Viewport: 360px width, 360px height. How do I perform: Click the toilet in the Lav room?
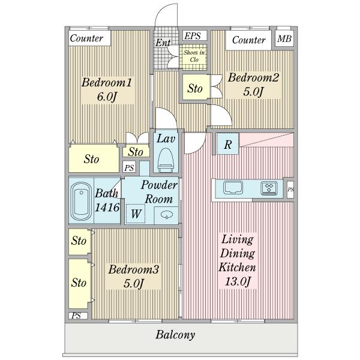pos(166,160)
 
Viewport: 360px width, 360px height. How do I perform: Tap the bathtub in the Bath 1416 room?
pos(81,202)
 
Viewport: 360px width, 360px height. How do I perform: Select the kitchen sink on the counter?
pos(233,187)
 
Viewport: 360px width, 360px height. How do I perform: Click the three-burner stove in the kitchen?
pos(269,188)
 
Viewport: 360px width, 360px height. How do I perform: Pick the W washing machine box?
pos(136,214)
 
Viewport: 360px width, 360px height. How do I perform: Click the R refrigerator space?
pos(228,144)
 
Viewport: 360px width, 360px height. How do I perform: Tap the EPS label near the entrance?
pos(193,36)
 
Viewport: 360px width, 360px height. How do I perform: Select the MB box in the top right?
pos(284,38)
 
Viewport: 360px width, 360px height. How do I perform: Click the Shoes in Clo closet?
pos(194,57)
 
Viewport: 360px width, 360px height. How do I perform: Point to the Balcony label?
pos(175,335)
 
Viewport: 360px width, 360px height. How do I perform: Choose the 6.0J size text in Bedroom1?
pos(107,97)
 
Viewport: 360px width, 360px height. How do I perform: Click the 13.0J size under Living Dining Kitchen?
pos(238,282)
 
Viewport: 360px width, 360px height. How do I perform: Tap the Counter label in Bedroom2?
pos(248,40)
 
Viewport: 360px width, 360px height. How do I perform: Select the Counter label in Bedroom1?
pos(86,38)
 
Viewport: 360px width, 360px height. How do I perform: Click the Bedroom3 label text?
pos(133,269)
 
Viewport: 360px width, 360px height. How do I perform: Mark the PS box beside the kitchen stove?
pos(290,190)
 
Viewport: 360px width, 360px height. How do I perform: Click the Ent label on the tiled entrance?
pos(163,43)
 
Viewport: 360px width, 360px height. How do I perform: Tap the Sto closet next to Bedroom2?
pos(196,88)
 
